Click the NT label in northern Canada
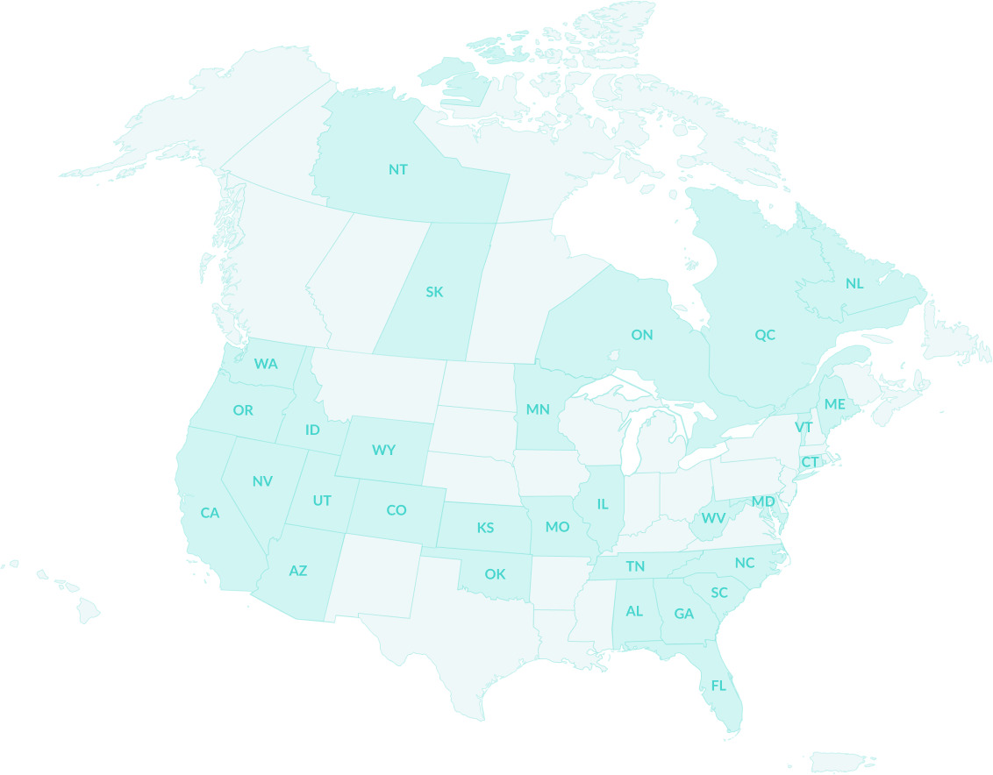pyautogui.click(x=398, y=169)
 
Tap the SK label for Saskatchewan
pyautogui.click(x=434, y=292)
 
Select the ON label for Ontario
pyautogui.click(x=642, y=335)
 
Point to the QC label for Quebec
pyautogui.click(x=765, y=335)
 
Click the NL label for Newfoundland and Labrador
pyautogui.click(x=854, y=283)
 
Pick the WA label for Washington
pyautogui.click(x=266, y=363)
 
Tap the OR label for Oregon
pyautogui.click(x=243, y=410)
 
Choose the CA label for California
pyautogui.click(x=210, y=513)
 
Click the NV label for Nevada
pyautogui.click(x=262, y=481)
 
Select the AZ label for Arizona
pyautogui.click(x=298, y=571)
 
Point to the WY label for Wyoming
pyautogui.click(x=383, y=450)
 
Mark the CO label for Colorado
pyautogui.click(x=396, y=510)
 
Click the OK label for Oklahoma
pyautogui.click(x=495, y=574)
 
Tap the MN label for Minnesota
pyautogui.click(x=538, y=409)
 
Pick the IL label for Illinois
pyautogui.click(x=603, y=504)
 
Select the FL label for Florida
pyautogui.click(x=718, y=686)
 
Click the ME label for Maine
pyautogui.click(x=834, y=404)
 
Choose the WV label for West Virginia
pyautogui.click(x=713, y=518)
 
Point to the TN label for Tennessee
pyautogui.click(x=635, y=567)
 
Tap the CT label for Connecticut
pyautogui.click(x=810, y=462)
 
